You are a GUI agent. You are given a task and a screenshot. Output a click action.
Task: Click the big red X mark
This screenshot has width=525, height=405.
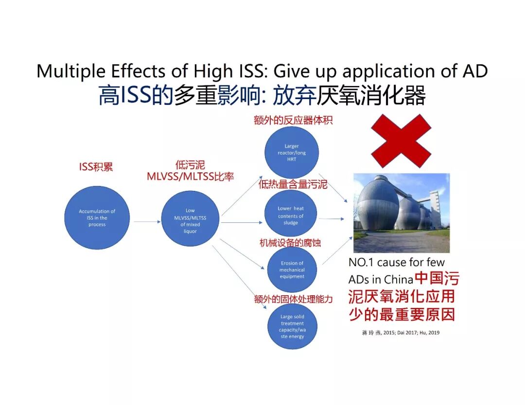(x=401, y=141)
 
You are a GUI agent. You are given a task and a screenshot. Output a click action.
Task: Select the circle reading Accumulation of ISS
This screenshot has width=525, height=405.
(x=97, y=218)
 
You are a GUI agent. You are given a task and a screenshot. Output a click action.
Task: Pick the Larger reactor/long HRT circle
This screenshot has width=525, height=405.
(x=292, y=152)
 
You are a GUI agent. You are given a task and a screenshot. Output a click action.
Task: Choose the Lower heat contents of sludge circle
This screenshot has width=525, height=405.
(x=291, y=216)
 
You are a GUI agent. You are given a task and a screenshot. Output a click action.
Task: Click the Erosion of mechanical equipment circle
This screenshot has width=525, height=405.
(x=292, y=270)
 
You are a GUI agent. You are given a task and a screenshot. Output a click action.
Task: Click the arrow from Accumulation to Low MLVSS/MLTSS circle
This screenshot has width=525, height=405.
(x=147, y=221)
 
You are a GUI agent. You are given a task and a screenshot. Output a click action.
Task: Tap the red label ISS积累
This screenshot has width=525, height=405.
(x=96, y=167)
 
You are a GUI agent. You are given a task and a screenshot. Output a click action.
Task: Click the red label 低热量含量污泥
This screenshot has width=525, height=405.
(x=293, y=185)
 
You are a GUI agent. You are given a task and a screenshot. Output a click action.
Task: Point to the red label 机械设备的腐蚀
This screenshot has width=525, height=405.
(x=290, y=243)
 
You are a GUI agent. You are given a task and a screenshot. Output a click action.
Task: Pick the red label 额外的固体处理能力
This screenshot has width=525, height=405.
(x=293, y=299)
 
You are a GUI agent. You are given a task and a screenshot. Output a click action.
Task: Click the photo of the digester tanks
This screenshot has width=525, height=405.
(x=402, y=213)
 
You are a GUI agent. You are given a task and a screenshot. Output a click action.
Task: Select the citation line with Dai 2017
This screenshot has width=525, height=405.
(x=401, y=333)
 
